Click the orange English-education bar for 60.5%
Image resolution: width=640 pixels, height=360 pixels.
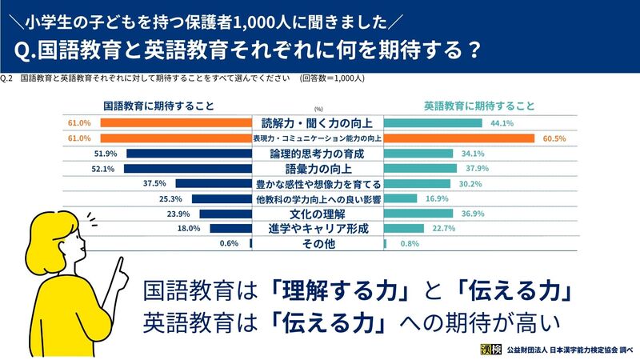[x=458, y=138]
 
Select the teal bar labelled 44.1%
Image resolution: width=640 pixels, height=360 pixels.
[x=433, y=123]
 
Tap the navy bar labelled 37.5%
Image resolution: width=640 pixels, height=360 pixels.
[x=214, y=184]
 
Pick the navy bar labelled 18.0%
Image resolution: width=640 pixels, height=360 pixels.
[x=231, y=229]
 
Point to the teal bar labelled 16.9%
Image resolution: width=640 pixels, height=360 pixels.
[x=401, y=198]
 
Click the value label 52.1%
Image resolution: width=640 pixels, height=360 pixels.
[x=103, y=169]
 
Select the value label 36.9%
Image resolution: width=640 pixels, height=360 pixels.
[x=473, y=214]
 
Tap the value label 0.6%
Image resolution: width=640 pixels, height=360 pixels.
[x=229, y=243]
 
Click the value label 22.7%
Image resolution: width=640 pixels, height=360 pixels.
[x=444, y=229]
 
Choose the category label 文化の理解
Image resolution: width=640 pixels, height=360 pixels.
[x=318, y=214]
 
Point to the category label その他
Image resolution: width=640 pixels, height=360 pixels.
[x=318, y=244]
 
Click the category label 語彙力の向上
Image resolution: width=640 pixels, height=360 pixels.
[x=318, y=169]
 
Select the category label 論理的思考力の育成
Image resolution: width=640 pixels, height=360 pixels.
[x=317, y=154]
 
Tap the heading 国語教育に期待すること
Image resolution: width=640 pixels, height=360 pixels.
[x=158, y=106]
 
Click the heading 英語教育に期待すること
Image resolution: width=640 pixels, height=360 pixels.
[x=479, y=106]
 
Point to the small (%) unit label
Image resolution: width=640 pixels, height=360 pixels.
[x=318, y=109]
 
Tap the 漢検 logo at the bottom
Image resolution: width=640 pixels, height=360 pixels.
[x=490, y=350]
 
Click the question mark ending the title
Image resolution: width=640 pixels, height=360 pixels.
[x=474, y=50]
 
